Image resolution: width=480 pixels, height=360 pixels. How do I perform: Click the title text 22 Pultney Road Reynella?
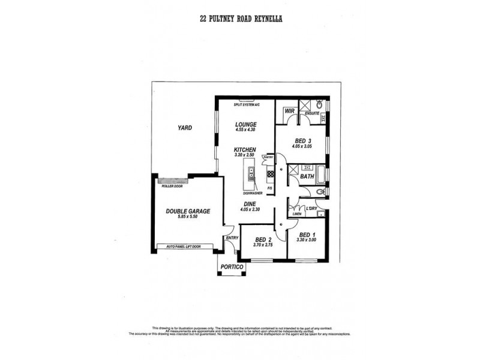pos(240,19)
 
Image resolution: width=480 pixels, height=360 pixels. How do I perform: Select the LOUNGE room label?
pos(245,124)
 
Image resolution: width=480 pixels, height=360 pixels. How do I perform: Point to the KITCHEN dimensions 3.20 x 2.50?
pos(245,155)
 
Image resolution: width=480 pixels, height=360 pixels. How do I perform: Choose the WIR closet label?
pos(289,111)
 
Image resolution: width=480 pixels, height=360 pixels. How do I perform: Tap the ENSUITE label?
pos(311,113)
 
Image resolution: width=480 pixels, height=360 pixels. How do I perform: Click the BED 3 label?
pos(306,140)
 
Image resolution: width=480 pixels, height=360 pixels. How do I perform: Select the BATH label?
pos(307,177)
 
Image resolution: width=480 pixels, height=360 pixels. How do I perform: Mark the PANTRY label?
pos(268,158)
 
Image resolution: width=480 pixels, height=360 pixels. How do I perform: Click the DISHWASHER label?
pos(252,193)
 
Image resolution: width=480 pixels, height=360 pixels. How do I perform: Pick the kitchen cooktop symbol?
pos(270,174)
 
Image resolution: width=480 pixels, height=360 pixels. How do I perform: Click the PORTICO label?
pos(231,266)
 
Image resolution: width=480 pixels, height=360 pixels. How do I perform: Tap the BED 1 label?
pos(305,235)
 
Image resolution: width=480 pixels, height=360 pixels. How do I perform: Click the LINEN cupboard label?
pos(296,214)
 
